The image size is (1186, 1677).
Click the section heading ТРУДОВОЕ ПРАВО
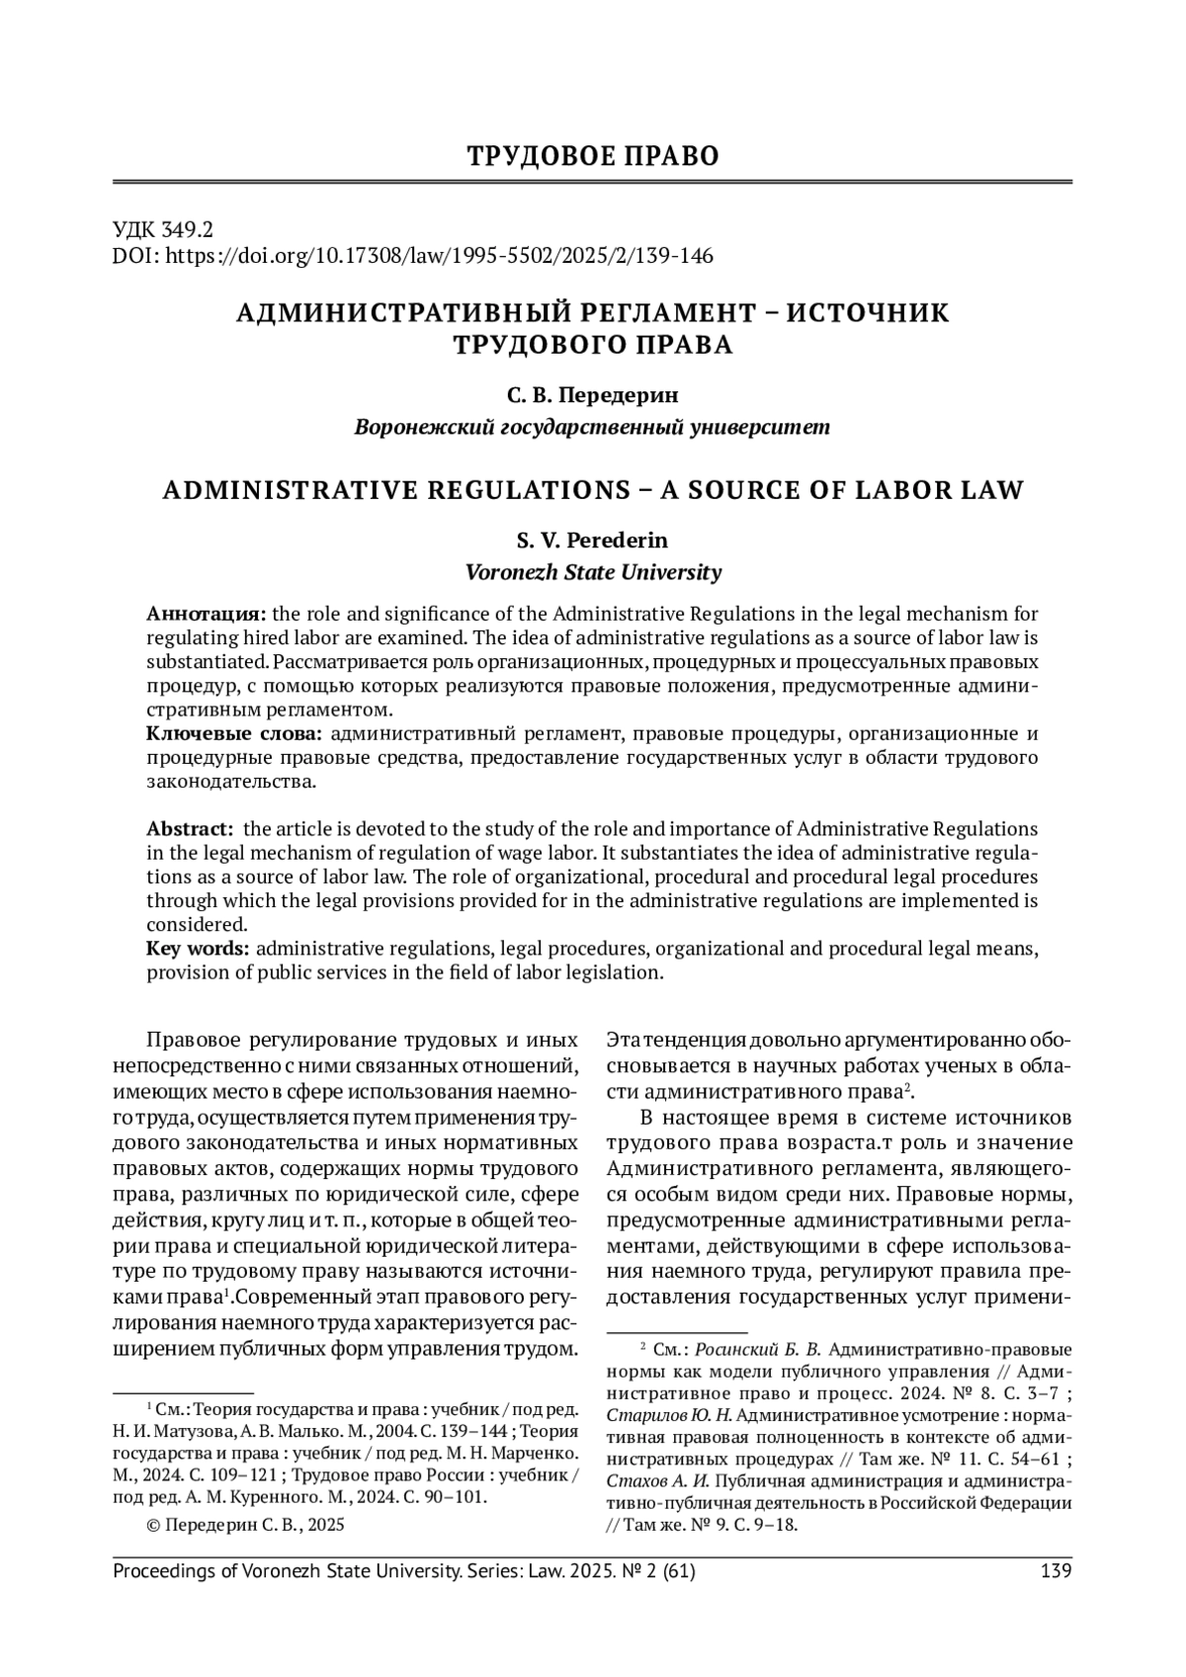coord(593,156)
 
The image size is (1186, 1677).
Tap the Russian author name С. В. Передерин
coord(593,395)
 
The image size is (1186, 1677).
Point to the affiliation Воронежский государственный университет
coord(593,427)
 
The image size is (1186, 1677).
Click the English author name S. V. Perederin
coord(593,541)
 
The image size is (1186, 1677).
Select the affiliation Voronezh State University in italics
coord(593,572)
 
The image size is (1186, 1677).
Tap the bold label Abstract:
coord(190,828)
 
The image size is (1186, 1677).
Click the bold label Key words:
coord(198,950)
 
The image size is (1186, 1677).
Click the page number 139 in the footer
coord(1056,1570)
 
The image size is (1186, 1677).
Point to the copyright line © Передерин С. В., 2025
coord(245,1525)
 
